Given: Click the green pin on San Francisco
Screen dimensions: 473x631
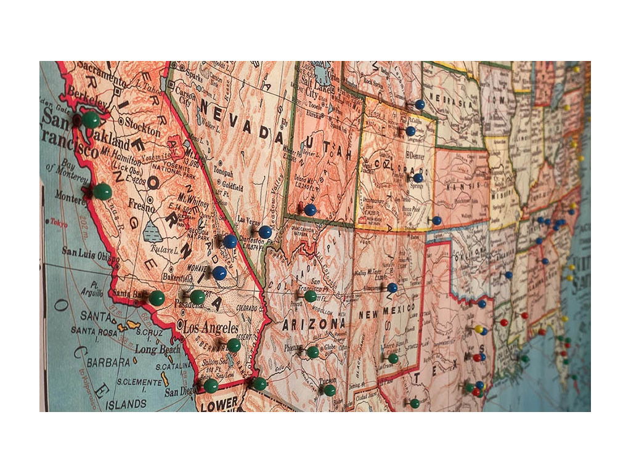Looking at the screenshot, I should pos(91,119).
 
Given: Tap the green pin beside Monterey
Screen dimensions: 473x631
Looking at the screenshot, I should pos(102,191).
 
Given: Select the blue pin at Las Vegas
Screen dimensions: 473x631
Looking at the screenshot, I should pos(265,232).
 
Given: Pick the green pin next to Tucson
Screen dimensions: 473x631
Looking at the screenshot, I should pos(330,389).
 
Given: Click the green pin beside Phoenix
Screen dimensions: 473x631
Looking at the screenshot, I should pos(313,352).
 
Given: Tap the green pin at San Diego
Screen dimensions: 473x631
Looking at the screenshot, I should pos(211,386).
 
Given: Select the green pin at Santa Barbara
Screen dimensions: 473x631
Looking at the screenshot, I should pos(157,298).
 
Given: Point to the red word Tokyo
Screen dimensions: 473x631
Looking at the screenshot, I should pos(59,223).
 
